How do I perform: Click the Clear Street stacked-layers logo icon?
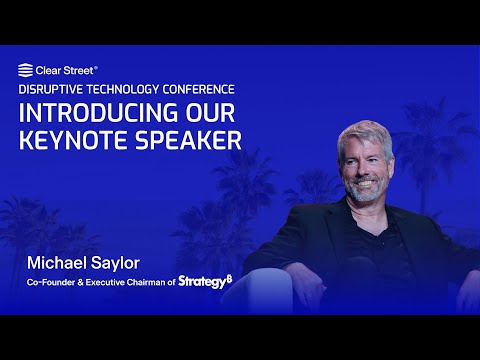coord(26,70)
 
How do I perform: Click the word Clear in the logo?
coord(48,70)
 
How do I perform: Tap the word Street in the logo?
coord(79,70)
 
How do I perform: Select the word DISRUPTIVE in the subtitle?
coord(50,89)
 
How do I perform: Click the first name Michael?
coord(56,263)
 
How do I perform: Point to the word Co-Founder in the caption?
coord(51,283)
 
